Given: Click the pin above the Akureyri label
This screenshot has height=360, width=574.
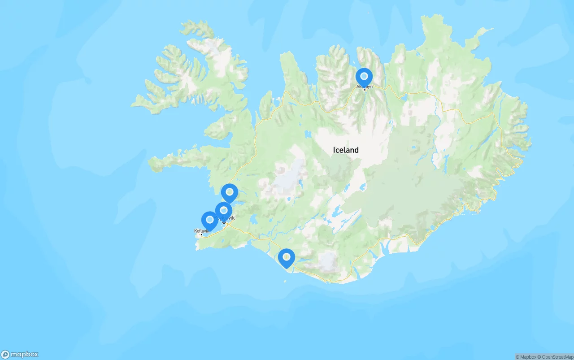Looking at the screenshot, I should coord(364,77).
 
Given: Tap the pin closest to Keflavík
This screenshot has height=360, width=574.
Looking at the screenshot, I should coord(209,220).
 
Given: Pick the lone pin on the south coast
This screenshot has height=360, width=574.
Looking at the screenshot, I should coord(286,257).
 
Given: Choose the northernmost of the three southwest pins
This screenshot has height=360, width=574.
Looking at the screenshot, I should coord(230,192).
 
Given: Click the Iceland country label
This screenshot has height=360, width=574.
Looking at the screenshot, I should coord(346,150).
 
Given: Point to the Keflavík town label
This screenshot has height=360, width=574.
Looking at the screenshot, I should coord(201,231).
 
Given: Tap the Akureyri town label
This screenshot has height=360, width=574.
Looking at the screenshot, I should coord(365,86).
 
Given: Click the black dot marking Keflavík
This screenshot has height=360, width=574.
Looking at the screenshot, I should coord(202,234).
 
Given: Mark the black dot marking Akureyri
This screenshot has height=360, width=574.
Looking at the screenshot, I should coord(365,90).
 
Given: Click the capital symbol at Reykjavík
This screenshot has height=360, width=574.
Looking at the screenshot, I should coord(224,222).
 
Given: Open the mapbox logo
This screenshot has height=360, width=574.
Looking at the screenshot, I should coord(20,354).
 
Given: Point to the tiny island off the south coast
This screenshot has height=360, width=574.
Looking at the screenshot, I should coord(284,282).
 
